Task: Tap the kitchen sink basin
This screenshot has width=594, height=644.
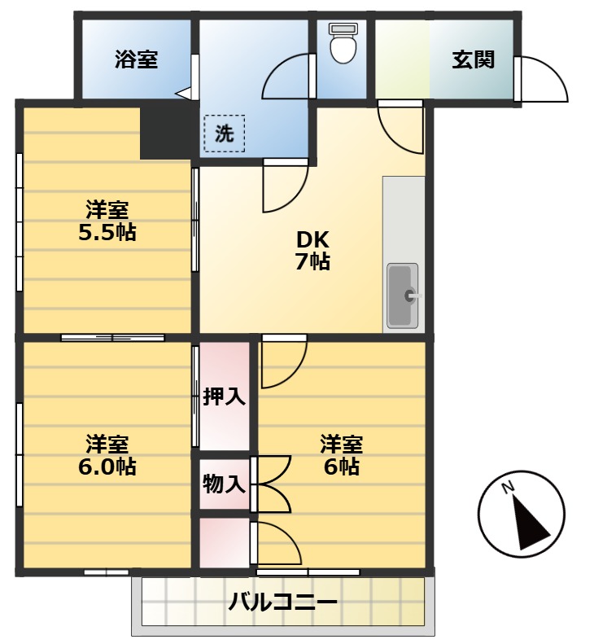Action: (401, 296)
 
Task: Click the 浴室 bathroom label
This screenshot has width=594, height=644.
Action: (136, 59)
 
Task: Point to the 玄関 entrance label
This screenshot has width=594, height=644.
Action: (474, 60)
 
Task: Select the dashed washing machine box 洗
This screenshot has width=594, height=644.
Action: (224, 134)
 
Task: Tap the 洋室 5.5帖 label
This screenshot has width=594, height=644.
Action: (107, 221)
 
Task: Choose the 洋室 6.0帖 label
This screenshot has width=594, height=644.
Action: (107, 456)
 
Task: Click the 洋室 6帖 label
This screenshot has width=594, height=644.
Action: (340, 455)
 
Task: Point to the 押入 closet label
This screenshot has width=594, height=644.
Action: (224, 396)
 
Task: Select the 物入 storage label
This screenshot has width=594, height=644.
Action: (224, 484)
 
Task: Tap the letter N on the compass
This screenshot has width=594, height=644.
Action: (507, 488)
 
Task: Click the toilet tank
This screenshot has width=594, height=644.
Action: (343, 29)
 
